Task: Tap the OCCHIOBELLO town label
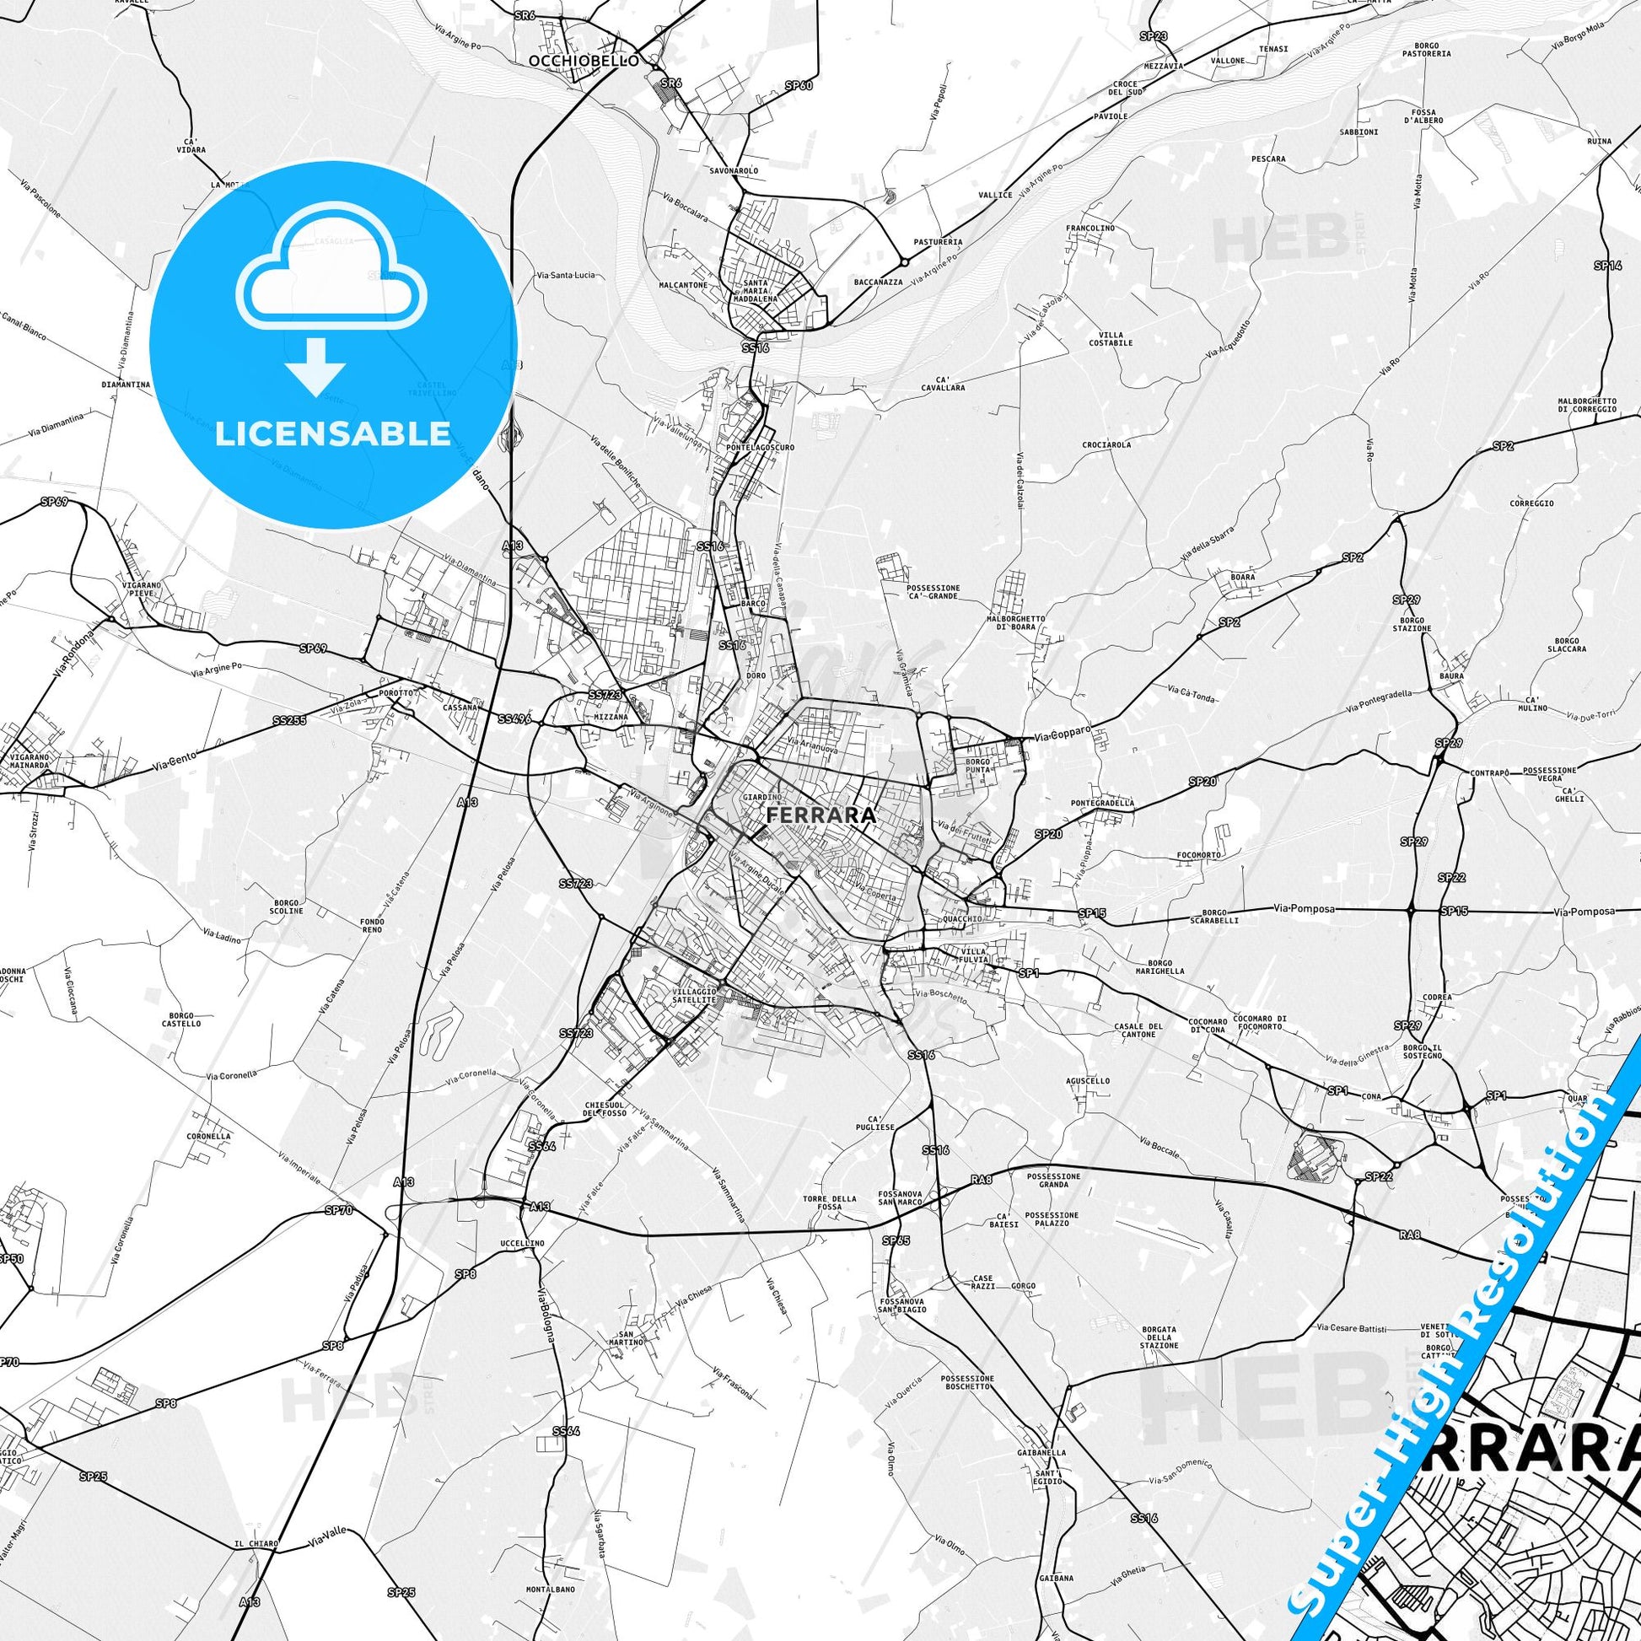tap(582, 62)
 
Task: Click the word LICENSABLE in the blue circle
tap(333, 434)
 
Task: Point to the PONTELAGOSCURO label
tap(760, 447)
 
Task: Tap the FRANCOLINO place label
tap(1090, 229)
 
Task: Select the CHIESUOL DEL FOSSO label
tap(605, 1110)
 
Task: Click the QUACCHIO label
tap(962, 919)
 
